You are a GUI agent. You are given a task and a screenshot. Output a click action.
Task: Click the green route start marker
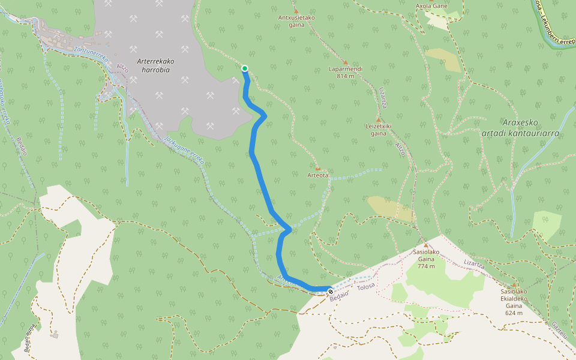point(245,68)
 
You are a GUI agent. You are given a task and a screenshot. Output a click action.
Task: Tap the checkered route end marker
point(330,292)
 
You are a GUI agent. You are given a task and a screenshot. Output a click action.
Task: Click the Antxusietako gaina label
point(296,21)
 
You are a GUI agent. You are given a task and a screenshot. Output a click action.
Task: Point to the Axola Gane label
point(431,7)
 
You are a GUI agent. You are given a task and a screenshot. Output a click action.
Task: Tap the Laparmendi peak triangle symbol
point(346,62)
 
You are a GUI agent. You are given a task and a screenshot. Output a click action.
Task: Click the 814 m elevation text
point(346,76)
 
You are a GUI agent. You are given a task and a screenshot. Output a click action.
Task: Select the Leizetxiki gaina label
point(379,130)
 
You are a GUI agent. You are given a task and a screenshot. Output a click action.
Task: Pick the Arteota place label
point(318,175)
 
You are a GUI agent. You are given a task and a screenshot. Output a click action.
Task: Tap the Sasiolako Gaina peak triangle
point(426,245)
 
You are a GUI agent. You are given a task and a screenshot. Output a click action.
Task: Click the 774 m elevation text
point(426,266)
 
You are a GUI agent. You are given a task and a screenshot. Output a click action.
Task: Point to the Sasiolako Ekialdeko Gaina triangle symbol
point(514,285)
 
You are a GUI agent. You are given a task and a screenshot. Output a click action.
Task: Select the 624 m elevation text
point(514,313)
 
